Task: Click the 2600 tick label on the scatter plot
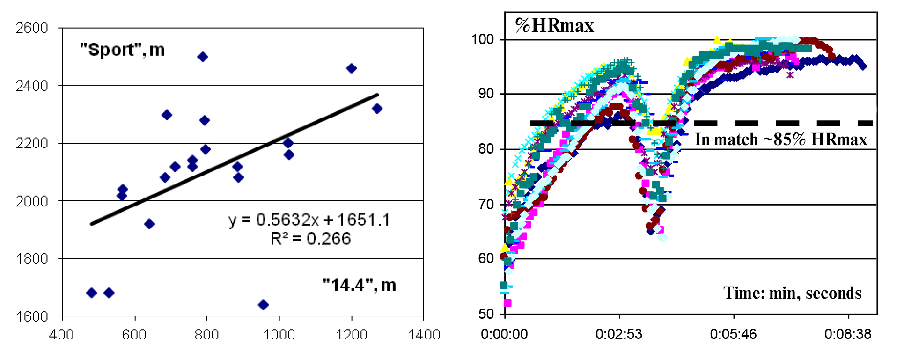point(32,28)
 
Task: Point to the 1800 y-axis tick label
point(32,259)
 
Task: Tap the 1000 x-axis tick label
point(279,335)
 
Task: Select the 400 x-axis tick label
point(62,335)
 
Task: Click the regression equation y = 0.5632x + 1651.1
point(309,220)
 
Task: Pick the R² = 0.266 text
point(310,239)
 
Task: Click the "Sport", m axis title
point(122,50)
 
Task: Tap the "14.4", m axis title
point(359,285)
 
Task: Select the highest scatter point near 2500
point(203,57)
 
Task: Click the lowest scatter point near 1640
point(263,305)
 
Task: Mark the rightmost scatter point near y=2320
point(377,109)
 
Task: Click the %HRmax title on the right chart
point(554,26)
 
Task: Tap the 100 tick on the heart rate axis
point(483,39)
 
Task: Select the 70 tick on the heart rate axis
point(486,205)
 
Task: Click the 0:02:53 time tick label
point(619,334)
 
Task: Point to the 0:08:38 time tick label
point(848,334)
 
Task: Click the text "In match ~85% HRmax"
point(781,140)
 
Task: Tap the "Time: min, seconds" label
point(792,293)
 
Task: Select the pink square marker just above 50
point(507,303)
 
